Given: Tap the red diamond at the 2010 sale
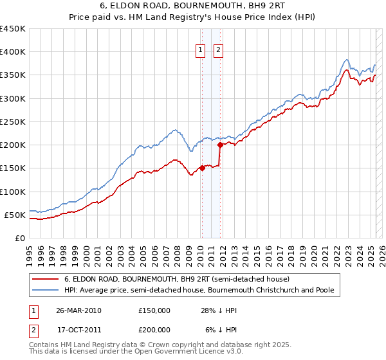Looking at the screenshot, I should click(202, 168).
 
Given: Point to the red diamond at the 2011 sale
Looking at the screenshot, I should click(220, 145).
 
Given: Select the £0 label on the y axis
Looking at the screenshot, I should click(19, 238).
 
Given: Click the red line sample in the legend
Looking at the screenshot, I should click(46, 280).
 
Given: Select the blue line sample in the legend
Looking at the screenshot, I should click(46, 291).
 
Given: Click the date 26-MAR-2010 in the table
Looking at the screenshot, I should click(78, 310).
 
